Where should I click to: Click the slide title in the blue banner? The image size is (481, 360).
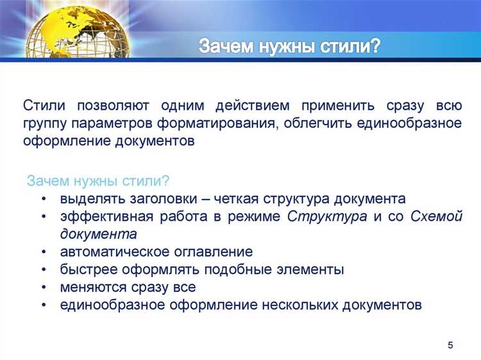click(x=289, y=47)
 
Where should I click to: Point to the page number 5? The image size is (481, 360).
click(x=450, y=346)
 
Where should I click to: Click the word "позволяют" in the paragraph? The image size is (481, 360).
click(x=114, y=105)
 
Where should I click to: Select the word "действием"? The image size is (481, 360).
click(x=252, y=105)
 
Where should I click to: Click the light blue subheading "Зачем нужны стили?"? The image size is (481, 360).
click(x=98, y=181)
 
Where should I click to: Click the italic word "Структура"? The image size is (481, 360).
click(x=327, y=216)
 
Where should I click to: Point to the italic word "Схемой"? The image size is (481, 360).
click(x=435, y=216)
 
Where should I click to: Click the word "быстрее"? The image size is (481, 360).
click(x=87, y=270)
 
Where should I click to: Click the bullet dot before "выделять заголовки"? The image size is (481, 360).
click(x=43, y=199)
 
